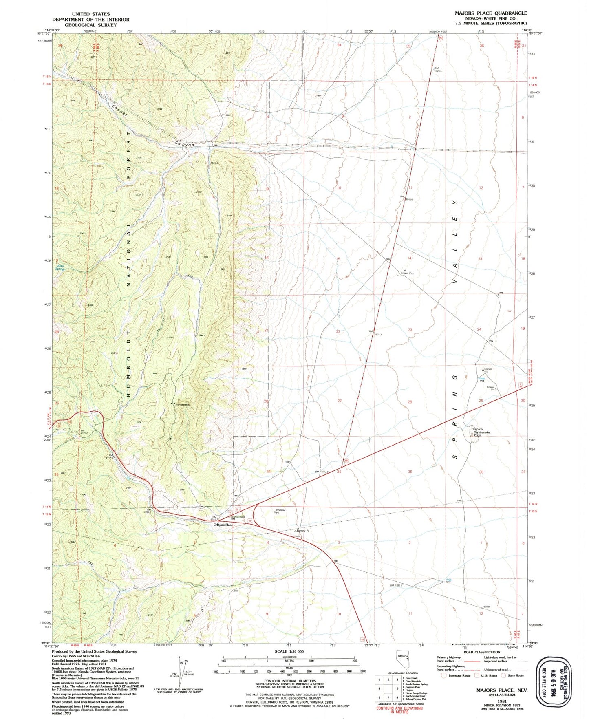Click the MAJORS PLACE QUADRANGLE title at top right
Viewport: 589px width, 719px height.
pos(490,13)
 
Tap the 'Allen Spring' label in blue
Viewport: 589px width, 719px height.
pos(60,267)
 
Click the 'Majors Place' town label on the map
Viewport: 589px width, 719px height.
pos(224,525)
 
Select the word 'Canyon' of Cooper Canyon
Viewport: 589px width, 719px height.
pos(185,144)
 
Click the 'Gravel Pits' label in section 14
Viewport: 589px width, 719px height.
pos(407,273)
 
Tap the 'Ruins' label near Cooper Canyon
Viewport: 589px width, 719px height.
pos(214,163)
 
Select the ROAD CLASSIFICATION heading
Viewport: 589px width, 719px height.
pos(482,652)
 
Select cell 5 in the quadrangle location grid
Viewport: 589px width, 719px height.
pos(397,688)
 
